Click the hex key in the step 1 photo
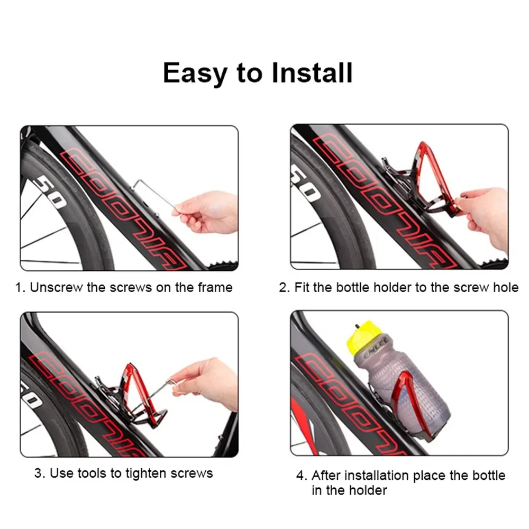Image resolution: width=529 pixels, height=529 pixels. point(153,194)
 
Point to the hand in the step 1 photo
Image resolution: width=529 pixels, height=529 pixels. point(209,212)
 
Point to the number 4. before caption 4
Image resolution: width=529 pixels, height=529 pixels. point(301,475)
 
